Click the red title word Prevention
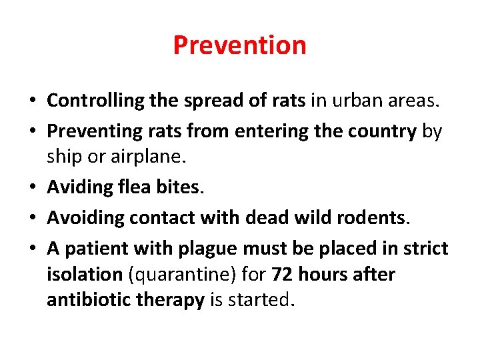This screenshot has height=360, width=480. pos(239,45)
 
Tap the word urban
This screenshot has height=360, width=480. pos(353,101)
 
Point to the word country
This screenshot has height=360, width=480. pos(384,132)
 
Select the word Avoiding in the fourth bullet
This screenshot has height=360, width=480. pos(86,217)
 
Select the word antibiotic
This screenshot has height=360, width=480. pos(89,300)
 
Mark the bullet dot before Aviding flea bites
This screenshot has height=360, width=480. pos(32,187)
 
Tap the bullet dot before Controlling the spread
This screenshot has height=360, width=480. pos(32,101)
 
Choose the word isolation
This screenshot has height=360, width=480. pos(84,275)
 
